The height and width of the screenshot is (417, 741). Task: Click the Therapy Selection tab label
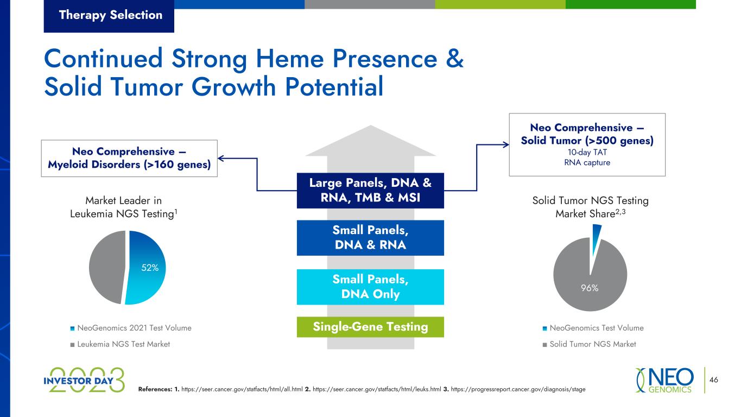[111, 15]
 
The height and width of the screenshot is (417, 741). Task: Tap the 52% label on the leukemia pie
[150, 268]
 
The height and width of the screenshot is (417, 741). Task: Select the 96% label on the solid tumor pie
[590, 288]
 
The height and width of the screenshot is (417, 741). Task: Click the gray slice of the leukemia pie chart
[106, 267]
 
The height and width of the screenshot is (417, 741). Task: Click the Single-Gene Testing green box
[370, 327]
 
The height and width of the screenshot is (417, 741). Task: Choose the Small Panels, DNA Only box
[370, 287]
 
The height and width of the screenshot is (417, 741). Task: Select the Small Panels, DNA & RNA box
[370, 238]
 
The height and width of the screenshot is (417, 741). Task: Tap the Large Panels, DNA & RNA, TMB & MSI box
[370, 190]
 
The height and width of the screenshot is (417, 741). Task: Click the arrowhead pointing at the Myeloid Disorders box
[220, 159]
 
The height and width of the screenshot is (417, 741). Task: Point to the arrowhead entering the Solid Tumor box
[506, 144]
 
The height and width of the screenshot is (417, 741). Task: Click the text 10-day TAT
[587, 152]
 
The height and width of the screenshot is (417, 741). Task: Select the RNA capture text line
[587, 162]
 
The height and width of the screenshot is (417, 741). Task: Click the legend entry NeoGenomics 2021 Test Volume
[131, 328]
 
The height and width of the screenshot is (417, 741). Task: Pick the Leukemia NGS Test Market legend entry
[120, 344]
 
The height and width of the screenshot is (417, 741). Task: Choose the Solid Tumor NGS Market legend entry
[589, 344]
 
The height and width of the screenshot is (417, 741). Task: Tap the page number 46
[714, 380]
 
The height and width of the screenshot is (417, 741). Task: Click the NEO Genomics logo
[664, 380]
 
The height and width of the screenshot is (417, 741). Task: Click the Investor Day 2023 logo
[84, 380]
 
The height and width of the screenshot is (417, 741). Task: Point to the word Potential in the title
[334, 86]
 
